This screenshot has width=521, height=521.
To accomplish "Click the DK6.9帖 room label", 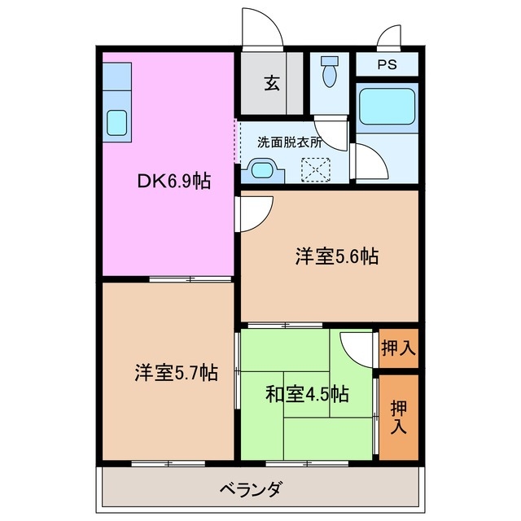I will [173, 181].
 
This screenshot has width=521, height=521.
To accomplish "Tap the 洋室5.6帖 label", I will [336, 256].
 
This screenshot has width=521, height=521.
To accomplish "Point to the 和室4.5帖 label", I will [307, 395].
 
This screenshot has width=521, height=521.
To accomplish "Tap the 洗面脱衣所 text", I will [290, 141].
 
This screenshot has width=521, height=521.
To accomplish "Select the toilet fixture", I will [330, 74].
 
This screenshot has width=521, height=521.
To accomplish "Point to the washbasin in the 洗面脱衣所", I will [262, 170].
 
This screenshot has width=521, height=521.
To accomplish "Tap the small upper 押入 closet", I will [398, 348].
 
